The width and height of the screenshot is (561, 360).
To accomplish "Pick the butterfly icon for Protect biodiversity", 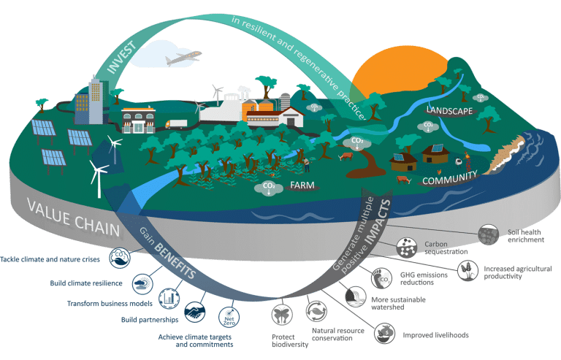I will tap(281, 315).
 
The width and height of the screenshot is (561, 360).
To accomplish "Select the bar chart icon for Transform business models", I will tap(167, 296).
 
